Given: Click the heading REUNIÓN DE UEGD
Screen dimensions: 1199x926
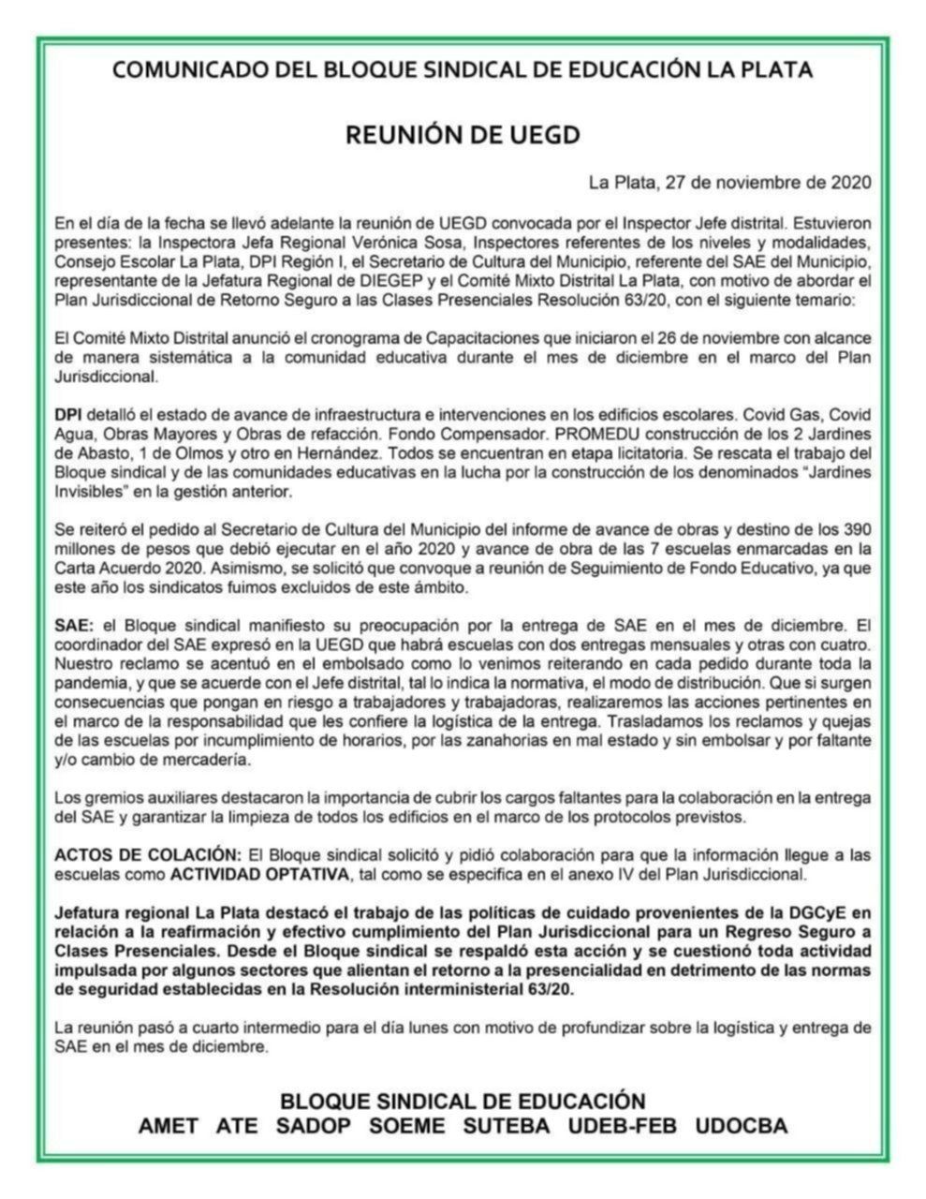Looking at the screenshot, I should [x=463, y=135].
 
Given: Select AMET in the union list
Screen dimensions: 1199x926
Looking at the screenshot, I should [x=168, y=1126].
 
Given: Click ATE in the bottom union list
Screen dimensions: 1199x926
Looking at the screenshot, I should [x=237, y=1126].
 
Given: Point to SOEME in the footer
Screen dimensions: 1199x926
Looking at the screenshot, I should [x=407, y=1126].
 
